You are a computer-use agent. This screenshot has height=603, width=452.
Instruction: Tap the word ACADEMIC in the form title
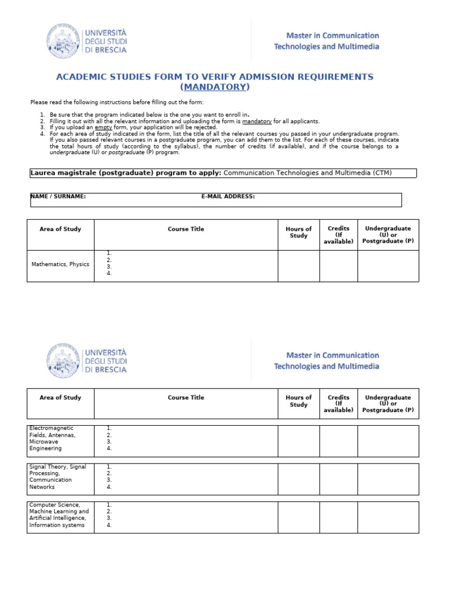(82, 77)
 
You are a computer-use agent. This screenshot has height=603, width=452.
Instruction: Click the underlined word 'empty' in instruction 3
(104, 127)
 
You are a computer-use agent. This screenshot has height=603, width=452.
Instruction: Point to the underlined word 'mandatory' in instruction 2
(257, 121)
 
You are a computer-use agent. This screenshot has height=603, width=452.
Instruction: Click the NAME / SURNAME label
(59, 197)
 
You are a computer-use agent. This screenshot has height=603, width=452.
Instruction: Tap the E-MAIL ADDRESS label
(228, 197)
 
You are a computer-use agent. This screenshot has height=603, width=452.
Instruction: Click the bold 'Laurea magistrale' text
(64, 173)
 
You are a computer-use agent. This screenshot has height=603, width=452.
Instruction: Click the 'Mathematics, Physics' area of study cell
(60, 264)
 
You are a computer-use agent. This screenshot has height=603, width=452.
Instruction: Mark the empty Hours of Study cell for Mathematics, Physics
(298, 266)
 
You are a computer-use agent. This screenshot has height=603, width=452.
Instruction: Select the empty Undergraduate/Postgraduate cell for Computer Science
(388, 516)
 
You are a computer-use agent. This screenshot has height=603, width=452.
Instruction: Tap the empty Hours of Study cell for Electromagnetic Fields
(298, 440)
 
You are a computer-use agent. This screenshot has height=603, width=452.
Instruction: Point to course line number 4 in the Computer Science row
(109, 525)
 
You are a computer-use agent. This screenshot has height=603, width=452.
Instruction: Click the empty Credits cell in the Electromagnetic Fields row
(338, 440)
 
